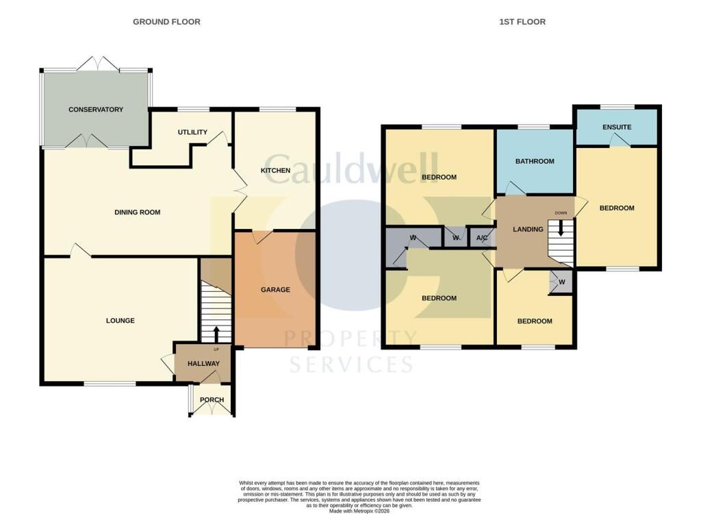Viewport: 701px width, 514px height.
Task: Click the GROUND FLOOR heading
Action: [x=166, y=22]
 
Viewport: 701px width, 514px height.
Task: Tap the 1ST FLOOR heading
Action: [x=522, y=22]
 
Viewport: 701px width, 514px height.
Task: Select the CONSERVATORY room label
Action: [x=96, y=110]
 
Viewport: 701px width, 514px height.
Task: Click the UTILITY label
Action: [x=192, y=132]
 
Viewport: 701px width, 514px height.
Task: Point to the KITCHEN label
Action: [x=276, y=171]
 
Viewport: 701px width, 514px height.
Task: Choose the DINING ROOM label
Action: [x=137, y=212]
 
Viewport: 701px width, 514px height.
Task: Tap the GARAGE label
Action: [x=275, y=290]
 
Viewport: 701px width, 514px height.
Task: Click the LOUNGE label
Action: [x=120, y=321]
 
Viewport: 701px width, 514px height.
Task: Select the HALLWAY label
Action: [x=204, y=363]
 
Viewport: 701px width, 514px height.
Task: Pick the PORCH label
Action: [x=212, y=400]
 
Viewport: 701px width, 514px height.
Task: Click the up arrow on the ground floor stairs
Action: [x=216, y=334]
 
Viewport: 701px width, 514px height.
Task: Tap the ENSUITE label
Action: [x=617, y=127]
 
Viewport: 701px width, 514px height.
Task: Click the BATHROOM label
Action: [x=535, y=161]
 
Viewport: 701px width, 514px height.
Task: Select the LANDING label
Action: [x=528, y=229]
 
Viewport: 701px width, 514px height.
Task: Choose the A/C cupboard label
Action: [x=482, y=238]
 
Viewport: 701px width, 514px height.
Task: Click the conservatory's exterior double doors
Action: [x=99, y=64]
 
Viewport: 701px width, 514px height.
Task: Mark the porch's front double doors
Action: [x=212, y=408]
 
